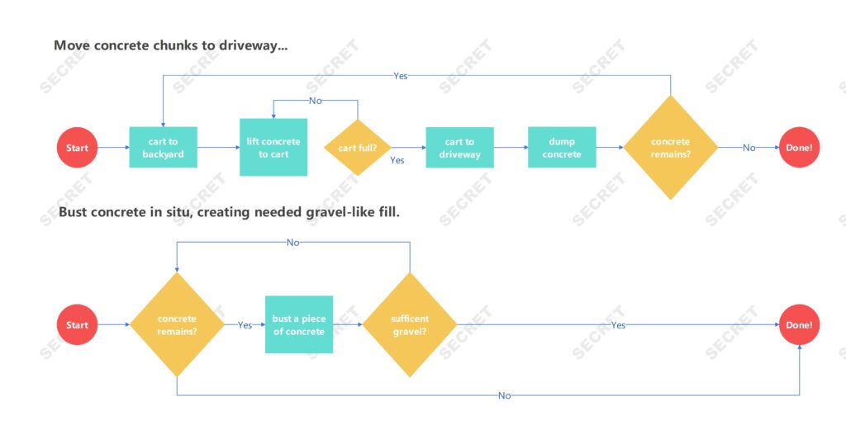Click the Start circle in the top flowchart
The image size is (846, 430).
77,148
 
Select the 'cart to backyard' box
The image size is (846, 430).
163,148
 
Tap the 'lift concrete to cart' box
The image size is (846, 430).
273,148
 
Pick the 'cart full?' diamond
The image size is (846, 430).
357,148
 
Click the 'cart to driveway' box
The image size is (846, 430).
459,148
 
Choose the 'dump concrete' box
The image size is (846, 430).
562,148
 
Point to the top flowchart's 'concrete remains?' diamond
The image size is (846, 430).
670,148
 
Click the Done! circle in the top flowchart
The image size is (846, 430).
799,148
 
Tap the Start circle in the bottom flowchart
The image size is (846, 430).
77,325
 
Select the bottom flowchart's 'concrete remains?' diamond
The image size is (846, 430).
177,325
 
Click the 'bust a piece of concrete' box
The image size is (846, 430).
299,325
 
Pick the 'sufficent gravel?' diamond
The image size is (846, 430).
410,325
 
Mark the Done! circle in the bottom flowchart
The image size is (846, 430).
799,325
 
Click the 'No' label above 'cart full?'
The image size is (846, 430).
316,101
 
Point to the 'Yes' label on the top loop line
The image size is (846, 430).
400,76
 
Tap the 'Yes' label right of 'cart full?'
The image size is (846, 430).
397,160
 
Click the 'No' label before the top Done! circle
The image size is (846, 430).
749,148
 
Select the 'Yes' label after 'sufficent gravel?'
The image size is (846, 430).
618,325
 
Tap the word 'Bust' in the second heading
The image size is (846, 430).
73,213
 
